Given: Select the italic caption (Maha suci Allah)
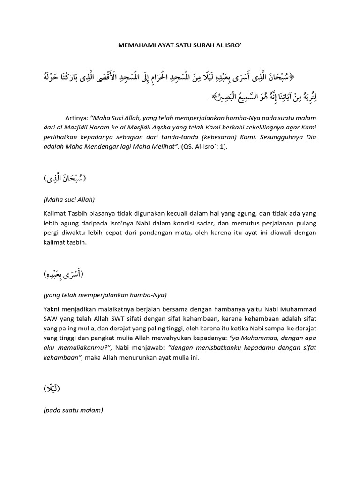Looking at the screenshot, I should (69, 199).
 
